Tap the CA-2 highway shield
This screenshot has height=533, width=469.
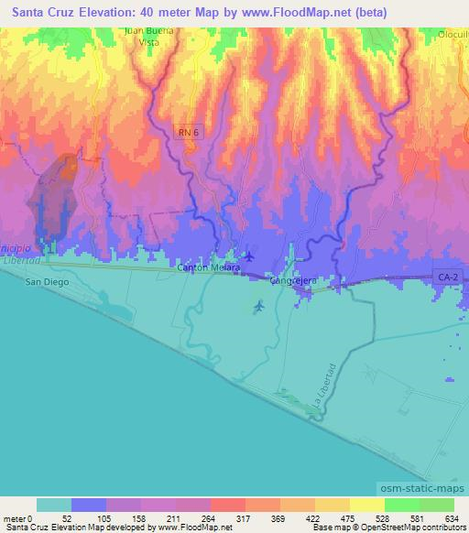click(x=446, y=275)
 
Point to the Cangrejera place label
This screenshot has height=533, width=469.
click(x=291, y=282)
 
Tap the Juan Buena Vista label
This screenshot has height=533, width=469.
click(x=149, y=36)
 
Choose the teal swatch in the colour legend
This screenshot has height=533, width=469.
click(x=54, y=505)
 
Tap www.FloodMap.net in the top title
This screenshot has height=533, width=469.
click(x=294, y=13)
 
